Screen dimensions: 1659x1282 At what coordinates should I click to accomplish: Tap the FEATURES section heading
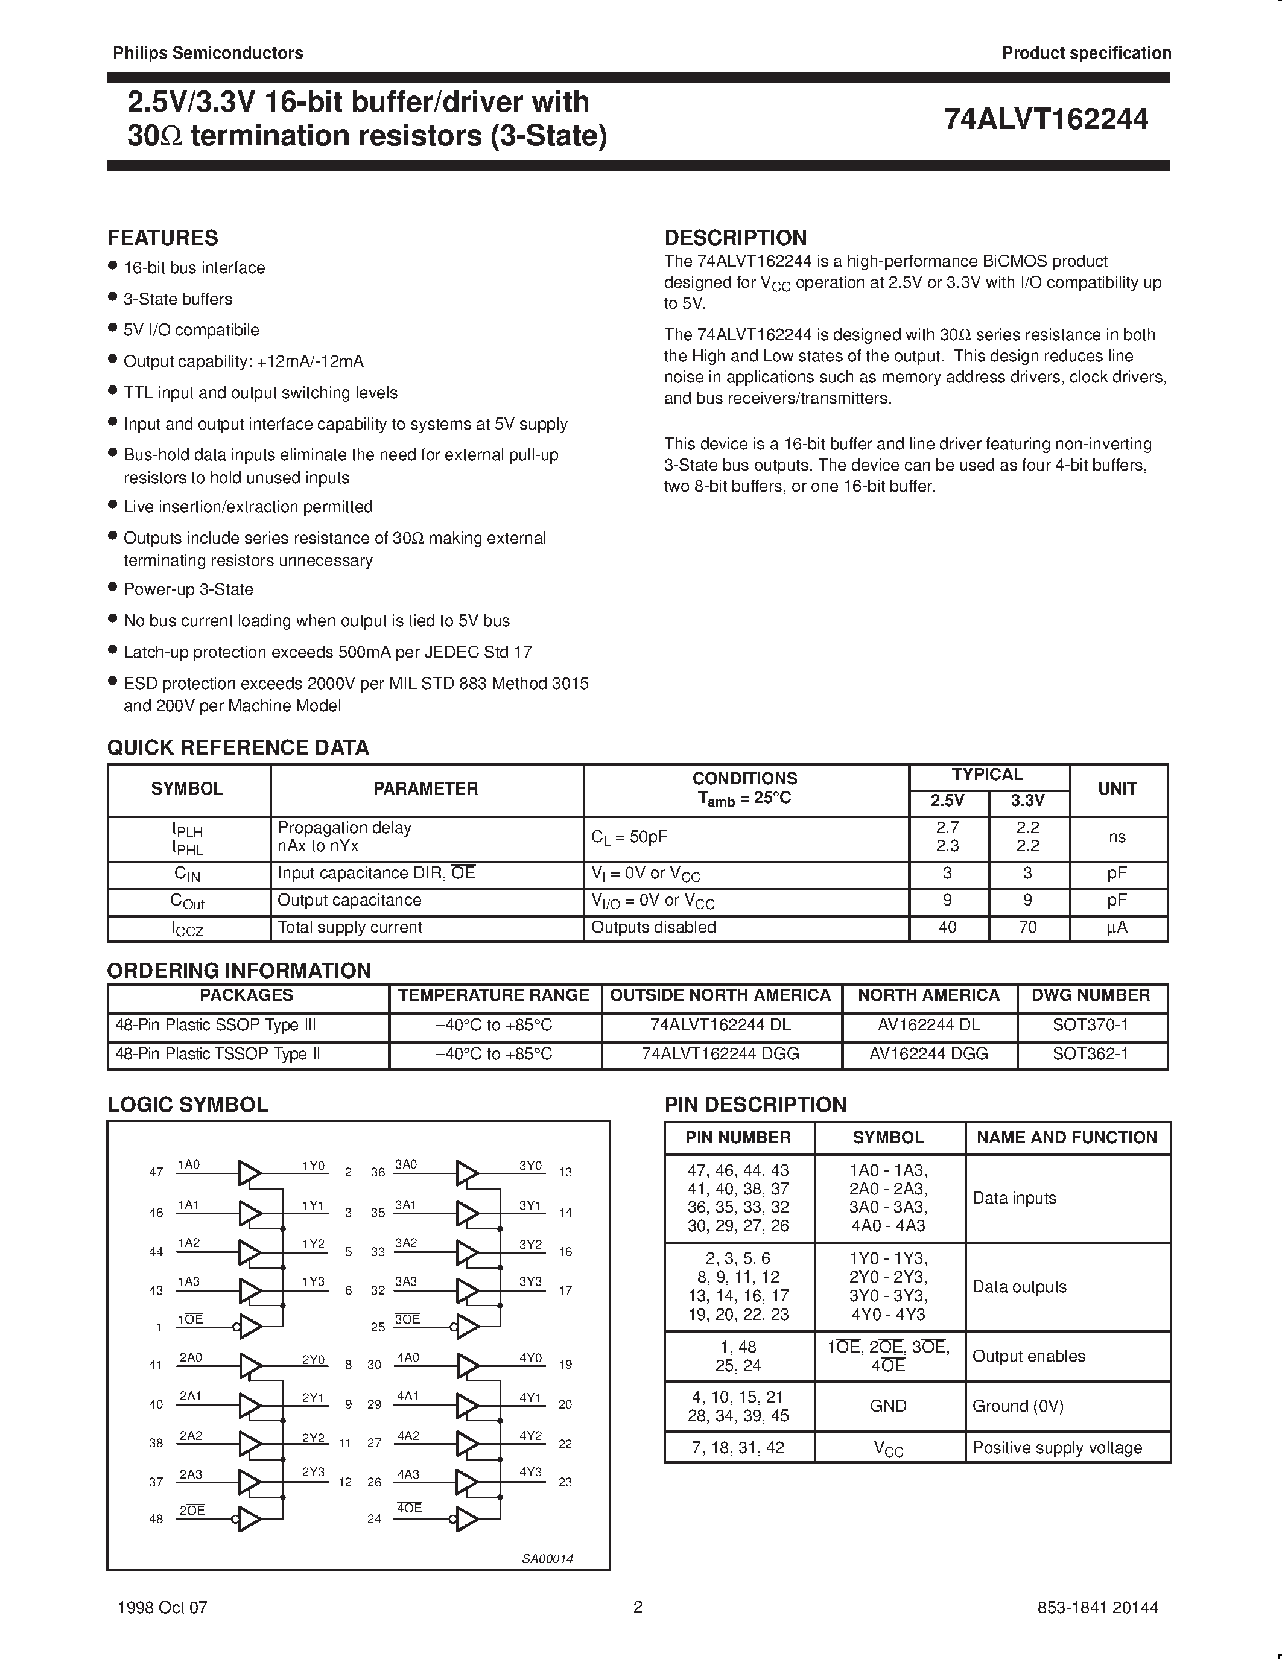point(162,238)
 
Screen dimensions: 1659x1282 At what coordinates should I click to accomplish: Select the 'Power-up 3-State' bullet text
point(188,589)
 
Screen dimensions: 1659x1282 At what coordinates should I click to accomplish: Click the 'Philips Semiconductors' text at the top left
point(208,53)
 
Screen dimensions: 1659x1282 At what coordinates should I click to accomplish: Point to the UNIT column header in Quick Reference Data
point(1117,788)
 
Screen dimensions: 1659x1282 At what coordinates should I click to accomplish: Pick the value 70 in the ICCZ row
point(1027,927)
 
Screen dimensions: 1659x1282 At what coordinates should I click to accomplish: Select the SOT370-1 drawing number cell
point(1090,1025)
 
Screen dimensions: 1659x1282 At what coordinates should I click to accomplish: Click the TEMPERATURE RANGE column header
point(493,995)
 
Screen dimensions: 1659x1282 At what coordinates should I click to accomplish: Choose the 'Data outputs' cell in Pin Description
point(1019,1287)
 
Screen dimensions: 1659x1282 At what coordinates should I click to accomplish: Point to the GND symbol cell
point(888,1406)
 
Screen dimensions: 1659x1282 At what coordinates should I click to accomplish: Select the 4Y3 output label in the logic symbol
point(530,1471)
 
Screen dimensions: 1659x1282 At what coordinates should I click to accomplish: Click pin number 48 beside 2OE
point(156,1519)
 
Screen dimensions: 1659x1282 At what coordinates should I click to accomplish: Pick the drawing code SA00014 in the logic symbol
point(547,1559)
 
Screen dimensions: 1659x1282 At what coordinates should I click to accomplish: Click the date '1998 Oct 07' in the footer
point(162,1607)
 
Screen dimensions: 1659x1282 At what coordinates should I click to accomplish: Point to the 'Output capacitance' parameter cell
point(349,900)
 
